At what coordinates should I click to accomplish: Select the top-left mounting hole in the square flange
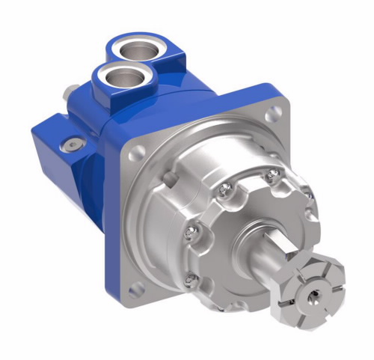click(x=137, y=153)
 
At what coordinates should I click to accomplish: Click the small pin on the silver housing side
click(x=172, y=177)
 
